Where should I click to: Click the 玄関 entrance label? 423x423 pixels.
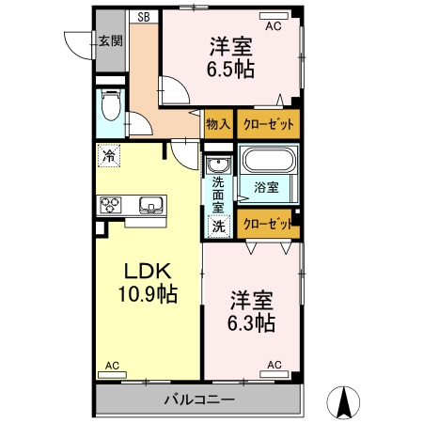click(x=110, y=40)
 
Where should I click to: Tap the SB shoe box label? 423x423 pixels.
click(x=145, y=17)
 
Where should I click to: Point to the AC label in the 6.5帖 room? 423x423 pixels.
click(x=273, y=27)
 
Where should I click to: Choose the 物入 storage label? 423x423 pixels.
click(x=218, y=123)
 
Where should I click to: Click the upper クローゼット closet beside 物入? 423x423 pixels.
click(x=268, y=123)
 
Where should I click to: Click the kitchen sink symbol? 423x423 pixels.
click(x=151, y=203)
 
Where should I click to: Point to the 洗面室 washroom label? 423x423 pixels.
click(x=217, y=194)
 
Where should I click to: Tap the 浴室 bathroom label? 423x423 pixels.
click(x=266, y=187)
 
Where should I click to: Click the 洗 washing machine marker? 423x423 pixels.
click(x=217, y=226)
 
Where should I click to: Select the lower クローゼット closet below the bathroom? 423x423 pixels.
click(x=267, y=224)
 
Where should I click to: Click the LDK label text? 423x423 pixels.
click(x=142, y=270)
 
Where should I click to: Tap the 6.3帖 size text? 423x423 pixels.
click(x=251, y=323)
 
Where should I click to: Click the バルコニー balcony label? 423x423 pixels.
click(x=199, y=400)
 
